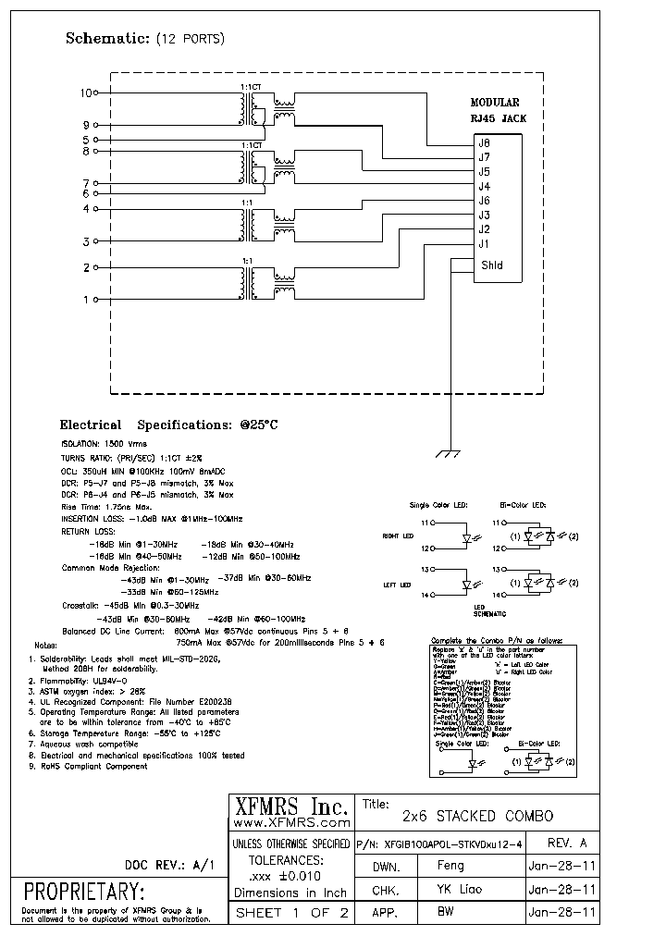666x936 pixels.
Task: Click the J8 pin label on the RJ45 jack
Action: [x=484, y=143]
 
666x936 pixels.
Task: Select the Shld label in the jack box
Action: [x=491, y=265]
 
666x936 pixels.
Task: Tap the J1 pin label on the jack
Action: [x=484, y=244]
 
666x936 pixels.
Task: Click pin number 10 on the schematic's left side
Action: [x=87, y=93]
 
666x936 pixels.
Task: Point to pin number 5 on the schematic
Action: [x=86, y=140]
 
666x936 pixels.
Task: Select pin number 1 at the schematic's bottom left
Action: [x=87, y=300]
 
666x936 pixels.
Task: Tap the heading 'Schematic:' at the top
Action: [x=106, y=39]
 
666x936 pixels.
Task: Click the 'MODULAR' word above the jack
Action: [x=495, y=104]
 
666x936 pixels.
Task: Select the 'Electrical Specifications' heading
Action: [x=168, y=425]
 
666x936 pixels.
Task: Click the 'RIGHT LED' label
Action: [x=397, y=536]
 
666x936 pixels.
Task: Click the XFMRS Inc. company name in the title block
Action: [x=290, y=806]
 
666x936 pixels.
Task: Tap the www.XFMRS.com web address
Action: [x=290, y=822]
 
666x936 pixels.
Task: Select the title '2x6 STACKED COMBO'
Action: [x=477, y=816]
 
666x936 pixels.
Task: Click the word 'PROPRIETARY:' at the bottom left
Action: [x=84, y=893]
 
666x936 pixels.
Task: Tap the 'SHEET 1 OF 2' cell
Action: [x=290, y=912]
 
